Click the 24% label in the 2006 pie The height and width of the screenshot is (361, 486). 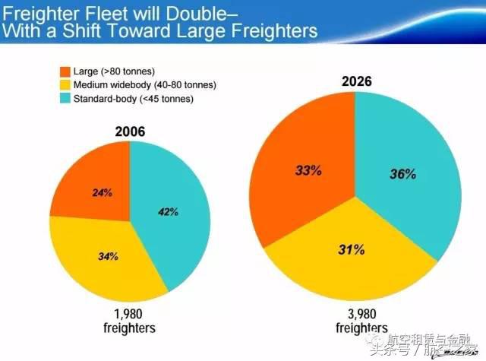tap(102, 193)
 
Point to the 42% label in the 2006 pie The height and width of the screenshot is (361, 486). tap(169, 211)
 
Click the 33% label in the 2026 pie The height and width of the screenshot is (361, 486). tap(308, 170)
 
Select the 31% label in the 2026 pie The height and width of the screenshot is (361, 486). tap(352, 249)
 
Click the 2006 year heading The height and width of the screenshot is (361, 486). tap(130, 131)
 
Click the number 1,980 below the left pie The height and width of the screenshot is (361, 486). tap(129, 314)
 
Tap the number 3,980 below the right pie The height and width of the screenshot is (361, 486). tap(352, 314)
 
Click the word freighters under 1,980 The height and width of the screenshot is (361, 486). tap(129, 328)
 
